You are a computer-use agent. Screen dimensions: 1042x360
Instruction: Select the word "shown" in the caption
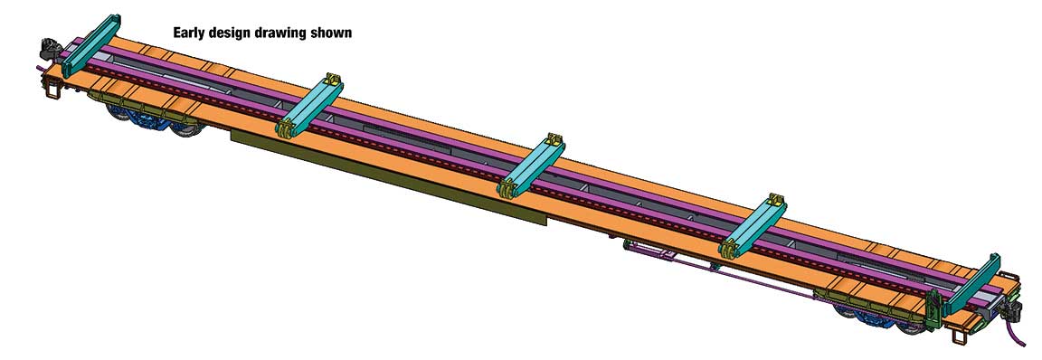click(331, 32)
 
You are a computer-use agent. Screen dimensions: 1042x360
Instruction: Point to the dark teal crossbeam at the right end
click(971, 284)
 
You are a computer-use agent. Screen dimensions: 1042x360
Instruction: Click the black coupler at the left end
click(49, 49)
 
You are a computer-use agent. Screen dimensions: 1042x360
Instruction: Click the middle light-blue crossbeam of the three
click(532, 166)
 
